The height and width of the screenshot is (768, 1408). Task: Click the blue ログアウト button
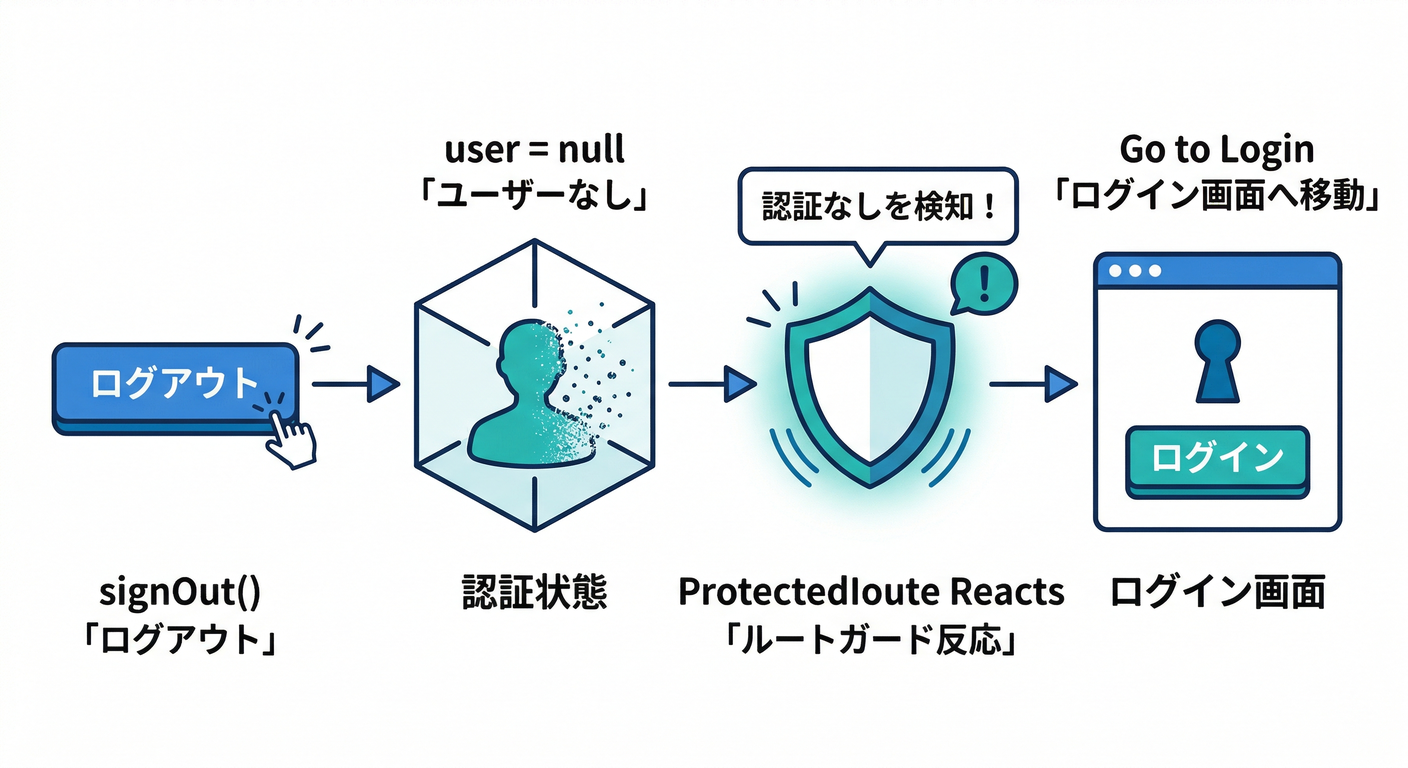click(160, 386)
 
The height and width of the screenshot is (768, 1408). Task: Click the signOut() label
click(181, 593)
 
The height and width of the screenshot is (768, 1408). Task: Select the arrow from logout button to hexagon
click(355, 383)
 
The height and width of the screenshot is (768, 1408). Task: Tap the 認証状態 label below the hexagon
click(534, 593)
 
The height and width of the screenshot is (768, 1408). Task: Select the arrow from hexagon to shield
click(711, 383)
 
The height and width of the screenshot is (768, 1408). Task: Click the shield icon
click(869, 385)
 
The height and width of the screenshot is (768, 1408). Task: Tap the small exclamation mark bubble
click(982, 281)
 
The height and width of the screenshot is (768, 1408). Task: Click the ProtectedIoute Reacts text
click(871, 592)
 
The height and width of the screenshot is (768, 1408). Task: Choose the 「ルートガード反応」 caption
click(871, 639)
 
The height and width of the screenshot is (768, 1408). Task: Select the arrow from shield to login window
click(1033, 383)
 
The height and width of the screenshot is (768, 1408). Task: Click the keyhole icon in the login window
click(1216, 360)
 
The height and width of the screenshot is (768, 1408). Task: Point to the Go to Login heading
click(1216, 150)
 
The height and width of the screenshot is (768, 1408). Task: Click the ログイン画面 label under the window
click(1217, 593)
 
